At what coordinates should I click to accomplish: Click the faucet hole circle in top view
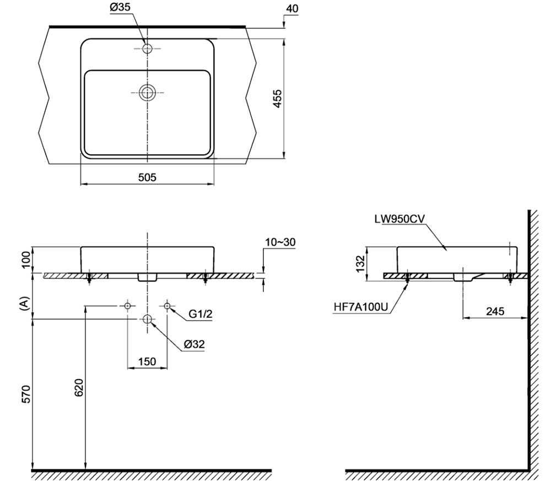coord(147,48)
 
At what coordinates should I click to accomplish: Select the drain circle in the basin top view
coord(147,92)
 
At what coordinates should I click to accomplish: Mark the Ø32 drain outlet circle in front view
coord(147,318)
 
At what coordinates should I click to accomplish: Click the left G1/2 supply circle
coord(127,305)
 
